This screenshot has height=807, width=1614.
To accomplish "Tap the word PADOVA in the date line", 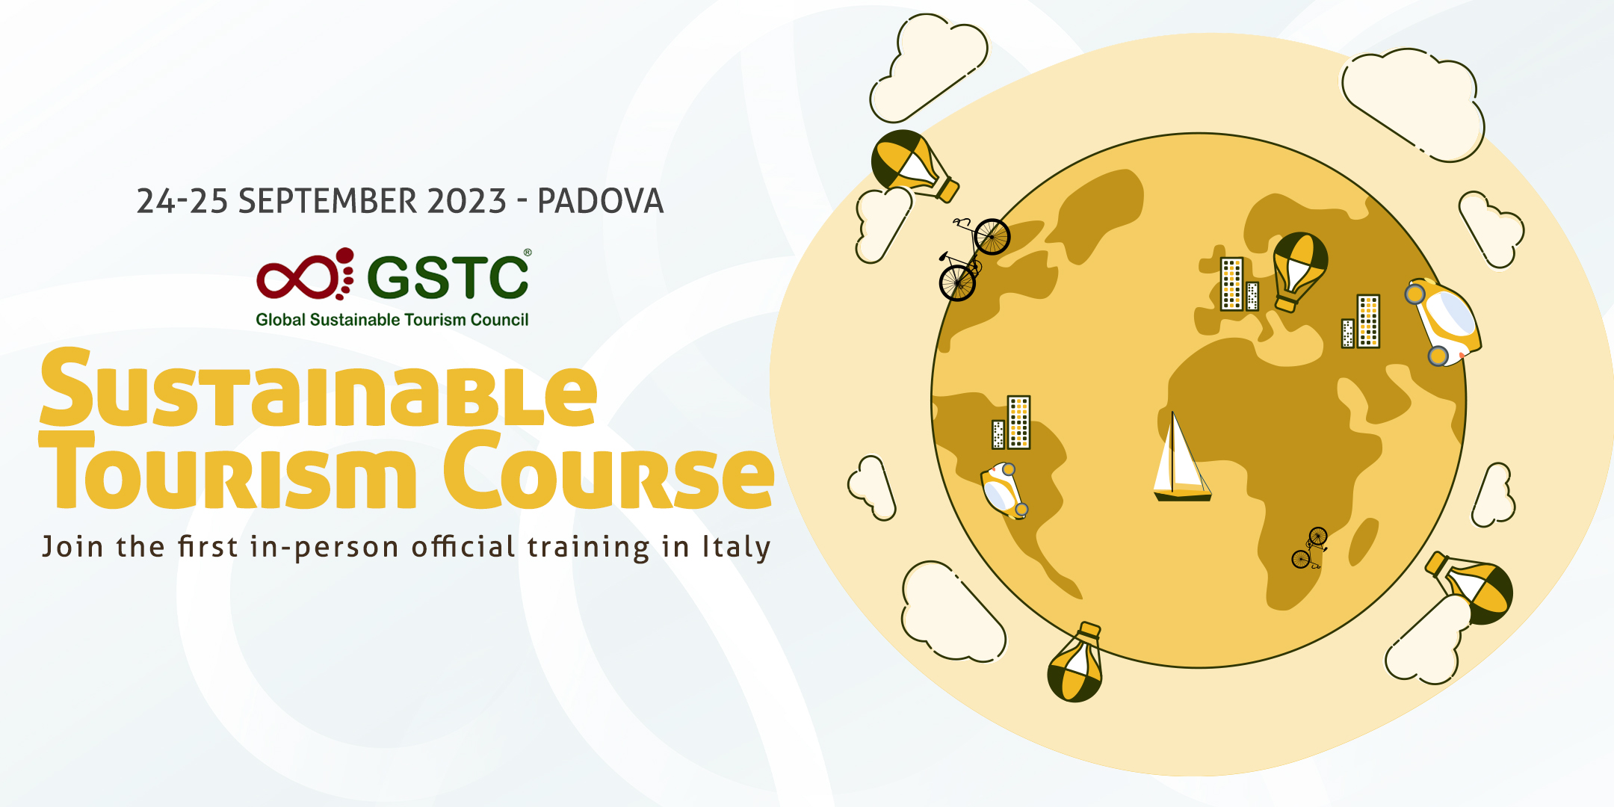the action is coord(600,201).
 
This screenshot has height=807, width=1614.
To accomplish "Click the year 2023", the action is coord(467,201).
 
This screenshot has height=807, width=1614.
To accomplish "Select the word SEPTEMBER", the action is coord(328,201).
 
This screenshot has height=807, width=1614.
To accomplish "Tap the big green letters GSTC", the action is coord(448,277).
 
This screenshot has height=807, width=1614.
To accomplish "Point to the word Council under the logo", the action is coord(499,320).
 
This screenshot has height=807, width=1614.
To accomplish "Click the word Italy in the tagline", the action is coord(736,548).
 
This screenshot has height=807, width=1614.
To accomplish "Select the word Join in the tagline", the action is coord(72,547).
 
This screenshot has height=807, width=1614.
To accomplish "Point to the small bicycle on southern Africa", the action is coord(1310,548).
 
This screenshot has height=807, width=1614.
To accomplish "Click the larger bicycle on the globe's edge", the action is coord(974,259).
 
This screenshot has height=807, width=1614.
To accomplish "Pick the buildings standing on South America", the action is coord(1011,422).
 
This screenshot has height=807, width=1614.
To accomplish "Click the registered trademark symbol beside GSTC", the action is coord(528,253).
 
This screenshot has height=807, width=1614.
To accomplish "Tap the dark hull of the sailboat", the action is coord(1183,496).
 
